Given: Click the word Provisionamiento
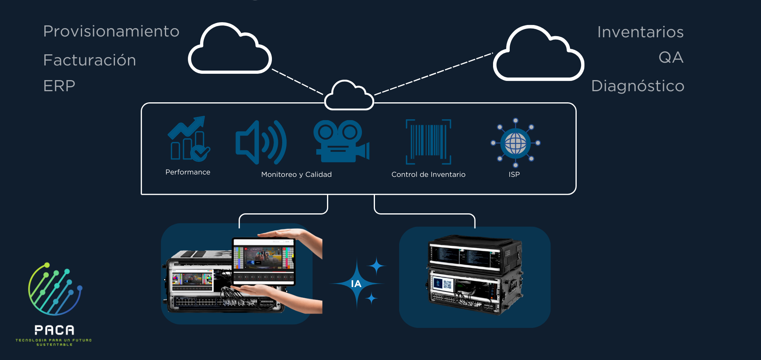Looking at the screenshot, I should pyautogui.click(x=111, y=31).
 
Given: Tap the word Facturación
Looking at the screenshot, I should pyautogui.click(x=90, y=60).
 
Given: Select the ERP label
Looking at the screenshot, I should pyautogui.click(x=59, y=86).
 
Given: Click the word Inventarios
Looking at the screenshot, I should pyautogui.click(x=640, y=32).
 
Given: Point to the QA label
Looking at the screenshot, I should pyautogui.click(x=671, y=57).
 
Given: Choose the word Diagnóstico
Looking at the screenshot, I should pyautogui.click(x=637, y=86).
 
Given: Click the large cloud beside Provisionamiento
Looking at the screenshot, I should pyautogui.click(x=229, y=50).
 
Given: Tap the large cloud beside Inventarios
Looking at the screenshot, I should pyautogui.click(x=538, y=54).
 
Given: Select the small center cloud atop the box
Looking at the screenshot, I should pyautogui.click(x=349, y=96).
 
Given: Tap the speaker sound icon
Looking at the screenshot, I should pyautogui.click(x=260, y=142).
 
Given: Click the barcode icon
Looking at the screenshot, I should pyautogui.click(x=428, y=142).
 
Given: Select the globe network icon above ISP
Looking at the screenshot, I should pyautogui.click(x=515, y=143).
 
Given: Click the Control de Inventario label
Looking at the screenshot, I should pyautogui.click(x=428, y=174).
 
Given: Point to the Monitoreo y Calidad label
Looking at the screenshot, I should pyautogui.click(x=296, y=174).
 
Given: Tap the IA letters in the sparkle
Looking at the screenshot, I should pyautogui.click(x=356, y=284).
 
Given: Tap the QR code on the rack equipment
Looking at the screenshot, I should pyautogui.click(x=447, y=284).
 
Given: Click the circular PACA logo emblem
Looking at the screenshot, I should pyautogui.click(x=55, y=289).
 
